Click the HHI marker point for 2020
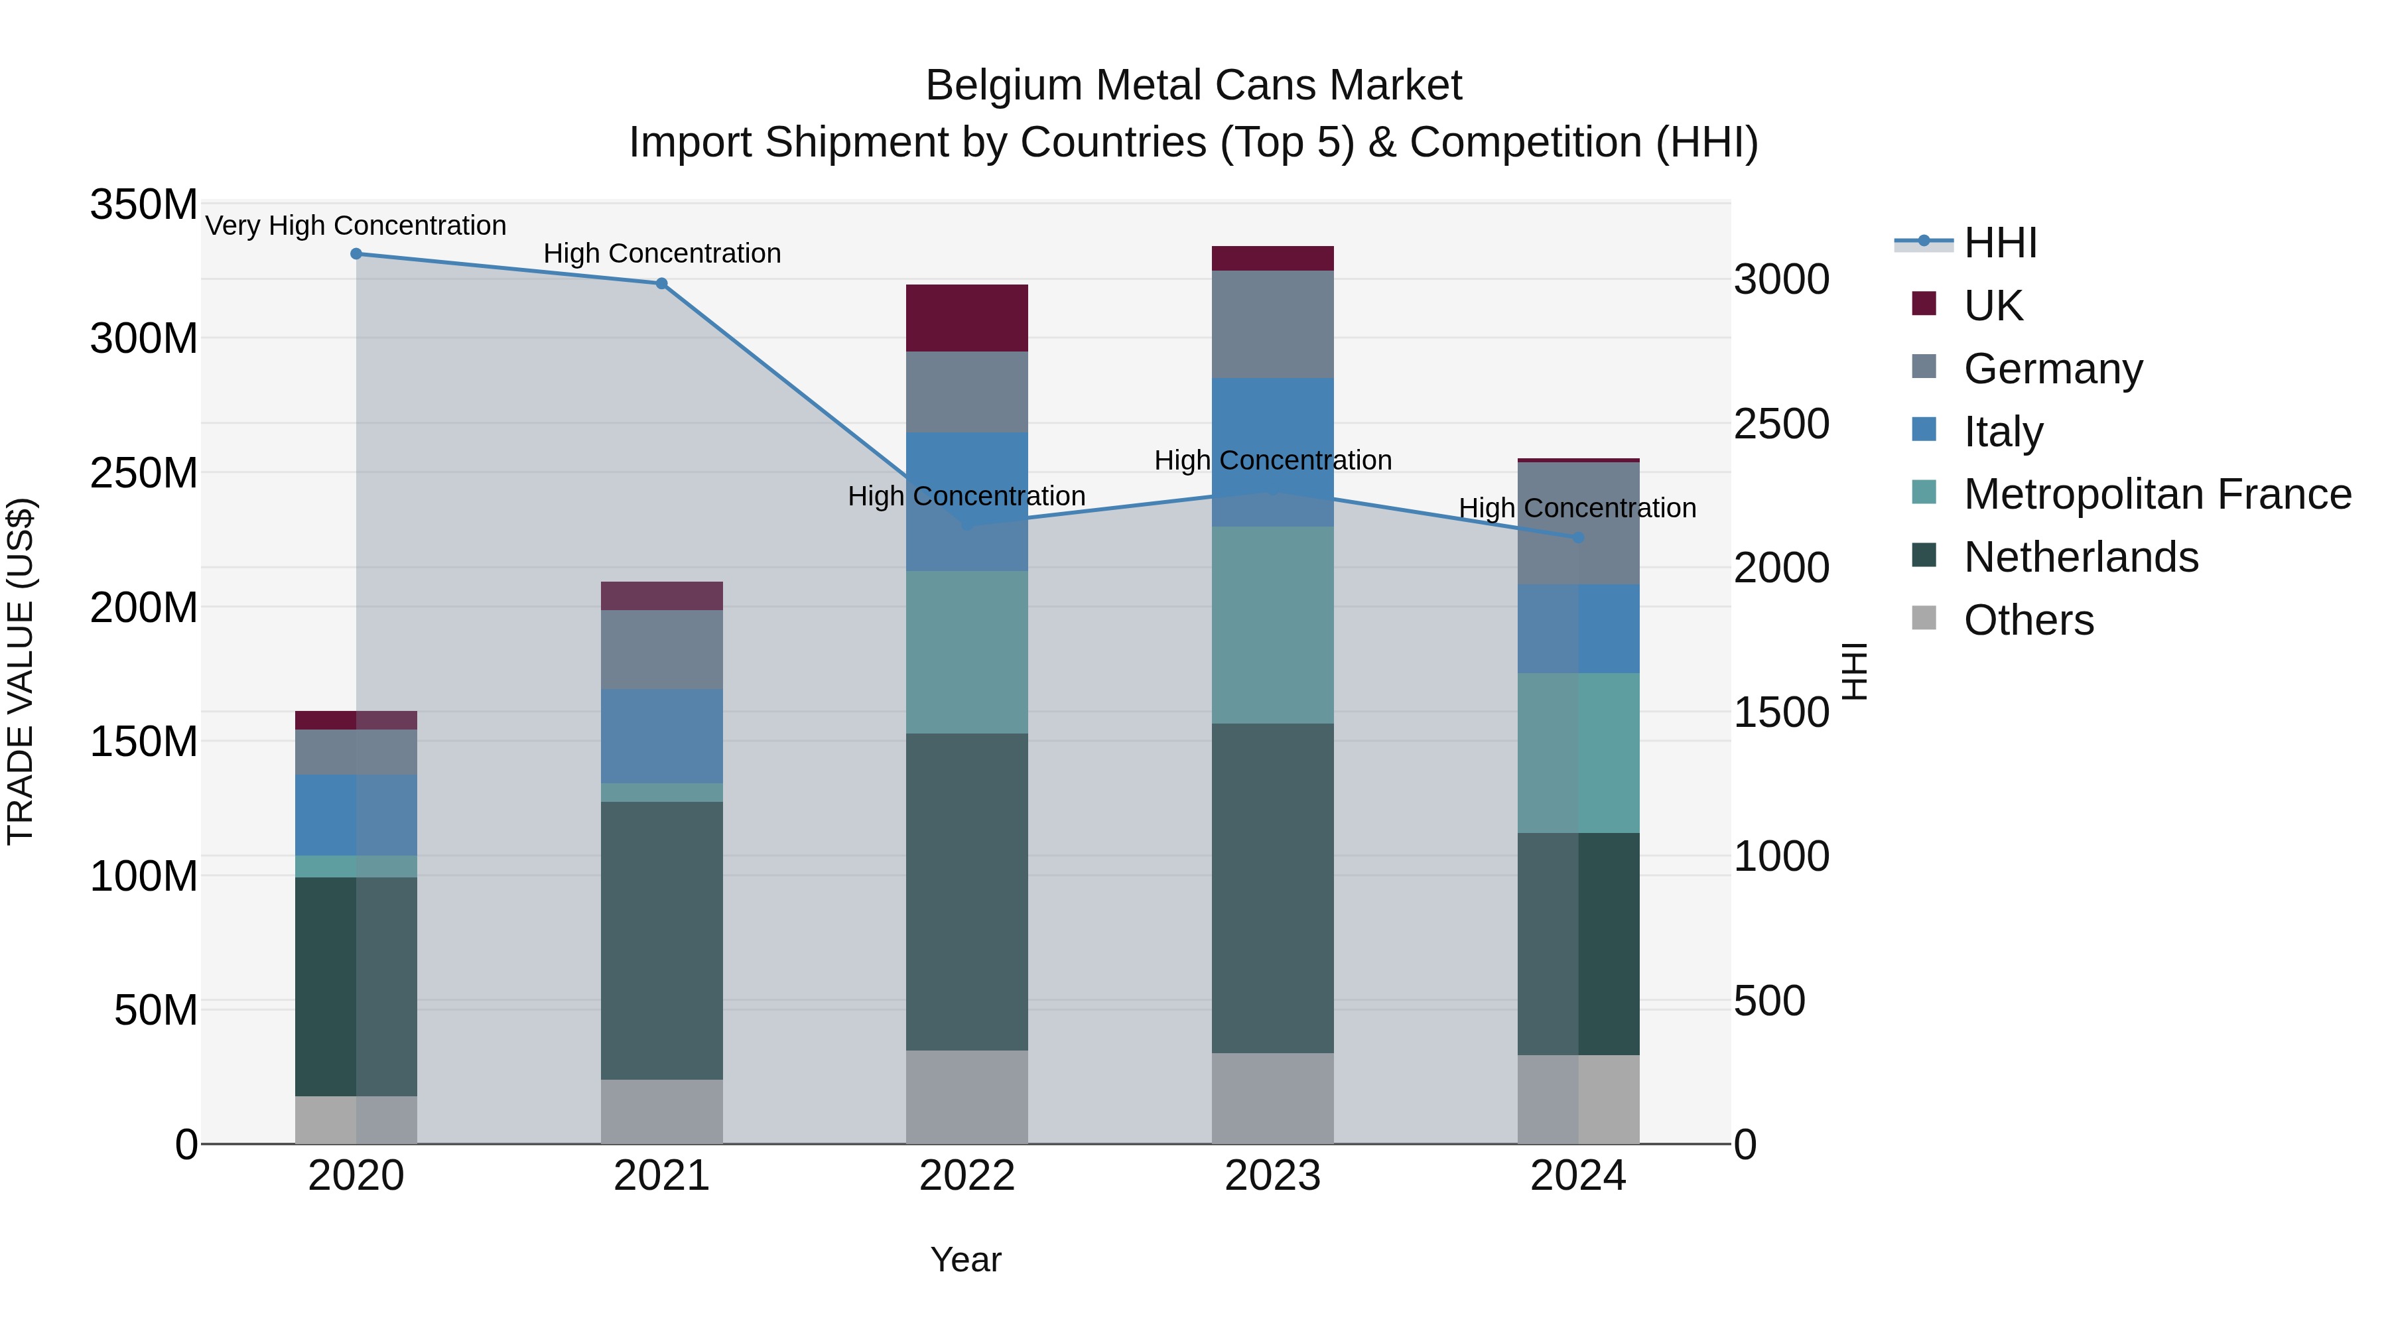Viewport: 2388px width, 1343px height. pos(356,254)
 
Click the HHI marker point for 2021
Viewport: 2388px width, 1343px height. pos(661,284)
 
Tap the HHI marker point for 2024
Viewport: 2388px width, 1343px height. pos(1579,538)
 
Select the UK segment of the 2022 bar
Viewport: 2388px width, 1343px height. pos(967,318)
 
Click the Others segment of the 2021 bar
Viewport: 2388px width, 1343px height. pos(661,1112)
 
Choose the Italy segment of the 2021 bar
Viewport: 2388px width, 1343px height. pos(661,736)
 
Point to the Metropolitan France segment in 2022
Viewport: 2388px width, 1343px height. pos(967,653)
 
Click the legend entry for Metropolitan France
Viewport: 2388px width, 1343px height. pos(2156,494)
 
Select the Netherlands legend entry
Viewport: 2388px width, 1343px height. pos(2080,557)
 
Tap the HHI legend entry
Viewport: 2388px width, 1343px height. pos(1999,243)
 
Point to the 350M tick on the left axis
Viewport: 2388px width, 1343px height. pos(144,205)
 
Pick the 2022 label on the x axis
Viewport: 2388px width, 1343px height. pos(967,1176)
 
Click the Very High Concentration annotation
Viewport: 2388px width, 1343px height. pos(356,225)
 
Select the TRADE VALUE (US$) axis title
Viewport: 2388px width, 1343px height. pos(21,671)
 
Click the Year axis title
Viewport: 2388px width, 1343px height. pos(965,1259)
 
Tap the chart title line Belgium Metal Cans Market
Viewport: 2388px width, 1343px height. pos(1193,86)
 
